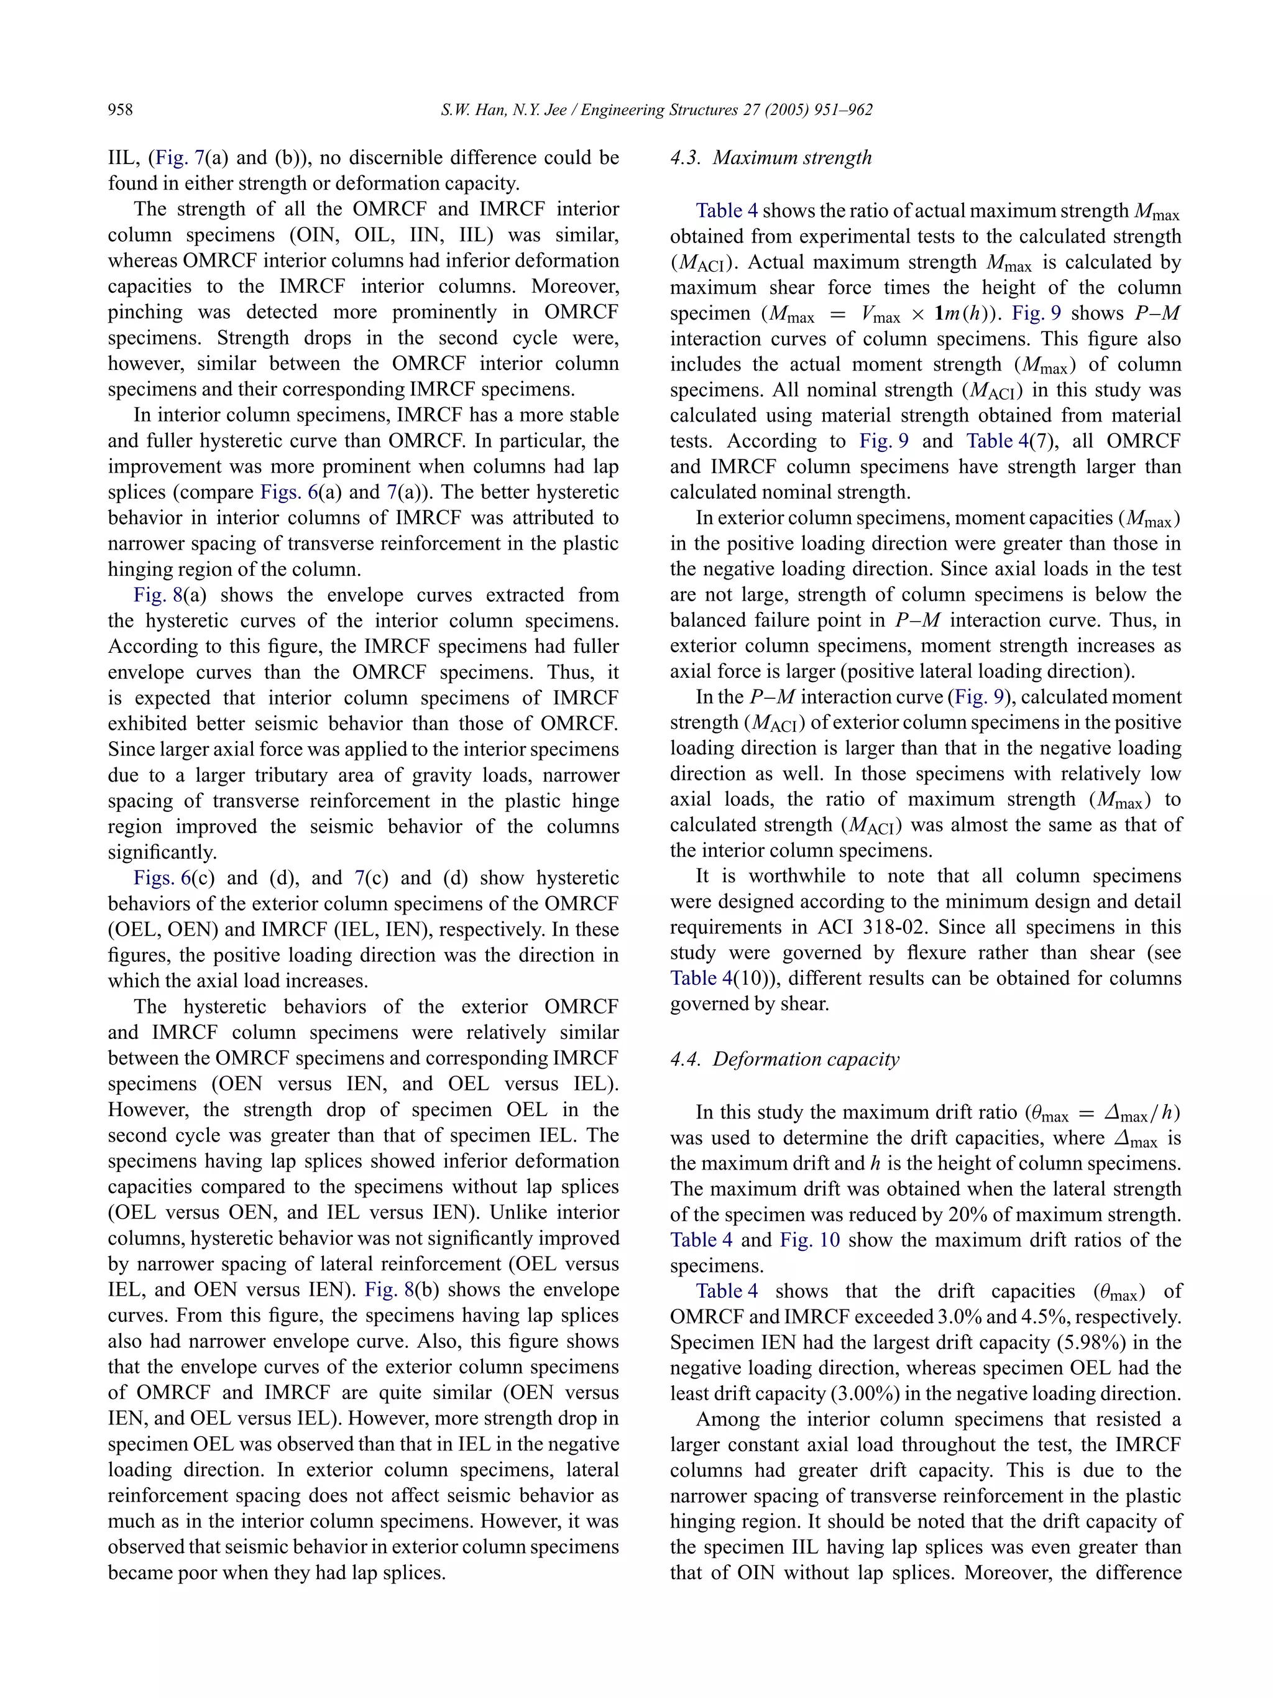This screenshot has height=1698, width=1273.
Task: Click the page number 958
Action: pos(121,110)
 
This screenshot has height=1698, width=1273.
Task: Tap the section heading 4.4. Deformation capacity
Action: pos(784,1059)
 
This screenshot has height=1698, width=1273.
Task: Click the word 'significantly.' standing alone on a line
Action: pos(163,852)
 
